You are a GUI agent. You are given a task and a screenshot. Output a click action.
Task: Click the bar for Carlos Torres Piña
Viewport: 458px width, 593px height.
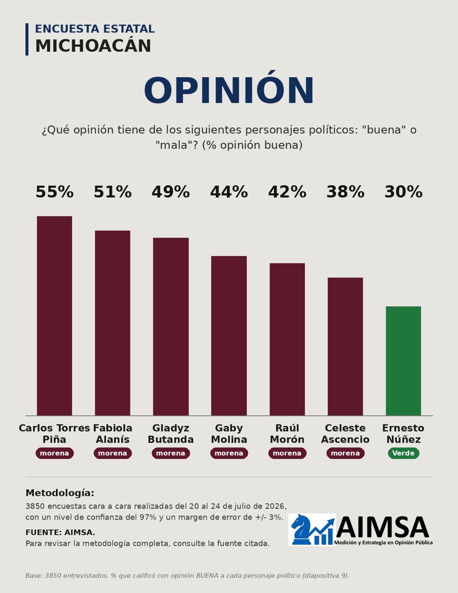[54, 316]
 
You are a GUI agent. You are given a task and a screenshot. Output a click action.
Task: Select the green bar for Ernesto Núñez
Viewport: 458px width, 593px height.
[403, 361]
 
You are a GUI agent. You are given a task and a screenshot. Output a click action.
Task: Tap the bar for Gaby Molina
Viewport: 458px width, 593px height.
[229, 336]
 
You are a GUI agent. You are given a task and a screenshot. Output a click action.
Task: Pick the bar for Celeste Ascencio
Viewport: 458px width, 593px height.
[345, 347]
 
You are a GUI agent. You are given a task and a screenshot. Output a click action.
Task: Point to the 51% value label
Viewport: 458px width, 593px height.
[113, 192]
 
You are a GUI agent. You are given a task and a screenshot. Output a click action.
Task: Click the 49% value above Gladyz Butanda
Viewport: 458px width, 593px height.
[171, 192]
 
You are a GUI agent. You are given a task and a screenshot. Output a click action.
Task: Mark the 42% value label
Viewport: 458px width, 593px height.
[287, 192]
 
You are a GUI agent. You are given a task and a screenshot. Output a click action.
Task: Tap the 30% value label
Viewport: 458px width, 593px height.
[403, 192]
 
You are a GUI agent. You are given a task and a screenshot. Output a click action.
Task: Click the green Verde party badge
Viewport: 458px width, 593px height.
[403, 453]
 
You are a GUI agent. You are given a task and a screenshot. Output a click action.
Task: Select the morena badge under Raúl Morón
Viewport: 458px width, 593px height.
[287, 453]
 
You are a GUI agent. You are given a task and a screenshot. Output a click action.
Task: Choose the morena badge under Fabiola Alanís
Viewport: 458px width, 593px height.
[113, 453]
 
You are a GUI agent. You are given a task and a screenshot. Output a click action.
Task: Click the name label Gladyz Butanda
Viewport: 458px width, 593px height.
[171, 434]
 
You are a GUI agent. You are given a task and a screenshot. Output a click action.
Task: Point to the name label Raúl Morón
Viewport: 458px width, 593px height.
[287, 434]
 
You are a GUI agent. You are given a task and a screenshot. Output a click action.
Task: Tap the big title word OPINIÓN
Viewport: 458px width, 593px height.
[229, 90]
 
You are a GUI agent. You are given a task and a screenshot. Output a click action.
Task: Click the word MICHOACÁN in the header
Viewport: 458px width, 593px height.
[93, 45]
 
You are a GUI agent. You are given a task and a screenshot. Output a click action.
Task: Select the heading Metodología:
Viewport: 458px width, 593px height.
[60, 493]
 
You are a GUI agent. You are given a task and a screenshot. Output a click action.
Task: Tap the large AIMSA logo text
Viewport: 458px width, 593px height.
[382, 528]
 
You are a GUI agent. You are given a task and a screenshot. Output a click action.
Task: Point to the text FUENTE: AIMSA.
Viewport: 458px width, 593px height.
[60, 532]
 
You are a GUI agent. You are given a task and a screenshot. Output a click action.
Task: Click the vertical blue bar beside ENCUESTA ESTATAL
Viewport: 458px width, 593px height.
[27, 39]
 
